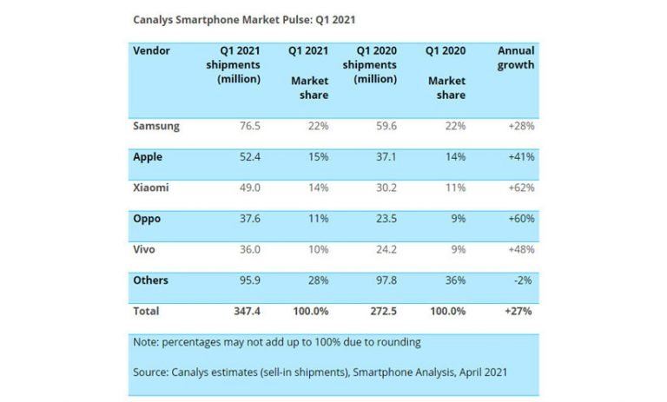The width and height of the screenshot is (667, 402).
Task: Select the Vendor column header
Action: [x=152, y=51]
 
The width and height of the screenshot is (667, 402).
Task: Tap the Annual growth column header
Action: [x=515, y=58]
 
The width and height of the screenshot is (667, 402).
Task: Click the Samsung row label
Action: [x=156, y=126]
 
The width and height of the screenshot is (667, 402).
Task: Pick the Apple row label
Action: [x=148, y=157]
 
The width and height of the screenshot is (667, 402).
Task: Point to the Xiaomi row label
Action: [x=151, y=188]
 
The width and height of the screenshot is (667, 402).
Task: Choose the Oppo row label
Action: [x=148, y=219]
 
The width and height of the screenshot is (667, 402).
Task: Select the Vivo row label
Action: [x=146, y=249]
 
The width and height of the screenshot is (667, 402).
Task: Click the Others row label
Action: [x=151, y=280]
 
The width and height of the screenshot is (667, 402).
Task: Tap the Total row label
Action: [x=146, y=310]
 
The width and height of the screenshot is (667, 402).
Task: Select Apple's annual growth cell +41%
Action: [x=519, y=157]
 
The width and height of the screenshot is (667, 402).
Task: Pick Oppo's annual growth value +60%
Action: [x=519, y=219]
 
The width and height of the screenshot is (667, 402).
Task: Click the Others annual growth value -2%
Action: [x=523, y=280]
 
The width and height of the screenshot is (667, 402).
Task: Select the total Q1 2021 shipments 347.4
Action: [x=243, y=310]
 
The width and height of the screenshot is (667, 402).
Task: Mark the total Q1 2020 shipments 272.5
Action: [x=380, y=310]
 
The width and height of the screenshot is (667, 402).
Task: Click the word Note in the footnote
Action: [x=148, y=342]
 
